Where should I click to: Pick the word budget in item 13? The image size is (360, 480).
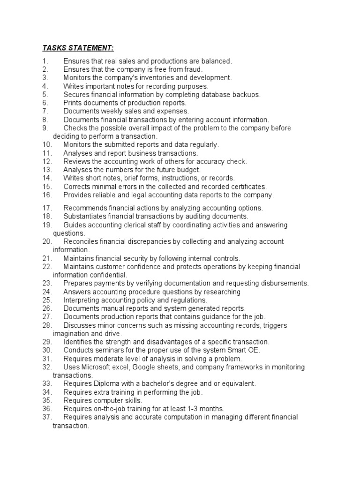tap(189, 170)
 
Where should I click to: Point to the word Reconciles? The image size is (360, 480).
tap(81, 241)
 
